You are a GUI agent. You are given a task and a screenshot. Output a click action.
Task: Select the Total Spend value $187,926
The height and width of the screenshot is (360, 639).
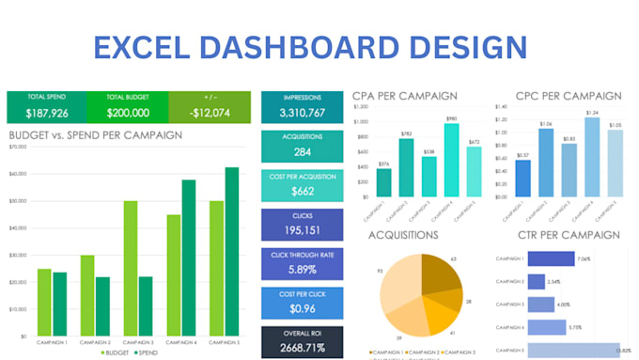(x=45, y=113)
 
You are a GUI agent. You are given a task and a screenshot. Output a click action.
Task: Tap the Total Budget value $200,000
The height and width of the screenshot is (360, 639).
(x=128, y=113)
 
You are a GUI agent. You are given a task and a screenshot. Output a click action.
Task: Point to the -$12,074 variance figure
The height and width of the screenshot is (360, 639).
(x=210, y=113)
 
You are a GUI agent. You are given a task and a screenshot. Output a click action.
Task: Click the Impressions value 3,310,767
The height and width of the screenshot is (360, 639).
(x=302, y=114)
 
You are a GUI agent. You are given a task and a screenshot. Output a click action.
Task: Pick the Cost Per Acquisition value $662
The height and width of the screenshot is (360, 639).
(x=302, y=192)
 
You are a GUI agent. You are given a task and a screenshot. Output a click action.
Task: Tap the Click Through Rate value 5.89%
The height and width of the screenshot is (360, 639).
(x=302, y=270)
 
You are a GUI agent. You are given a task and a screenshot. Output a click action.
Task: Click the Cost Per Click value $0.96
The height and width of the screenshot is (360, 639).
(x=302, y=308)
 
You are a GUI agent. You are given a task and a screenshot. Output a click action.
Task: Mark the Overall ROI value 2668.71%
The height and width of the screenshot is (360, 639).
(x=302, y=348)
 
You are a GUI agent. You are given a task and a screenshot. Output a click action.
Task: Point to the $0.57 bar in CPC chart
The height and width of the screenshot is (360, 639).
(x=523, y=179)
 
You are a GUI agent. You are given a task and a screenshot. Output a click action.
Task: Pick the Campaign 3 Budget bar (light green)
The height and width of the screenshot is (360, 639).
(x=131, y=268)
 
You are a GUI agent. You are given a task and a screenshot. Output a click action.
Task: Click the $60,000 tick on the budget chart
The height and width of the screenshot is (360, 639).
(x=17, y=174)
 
